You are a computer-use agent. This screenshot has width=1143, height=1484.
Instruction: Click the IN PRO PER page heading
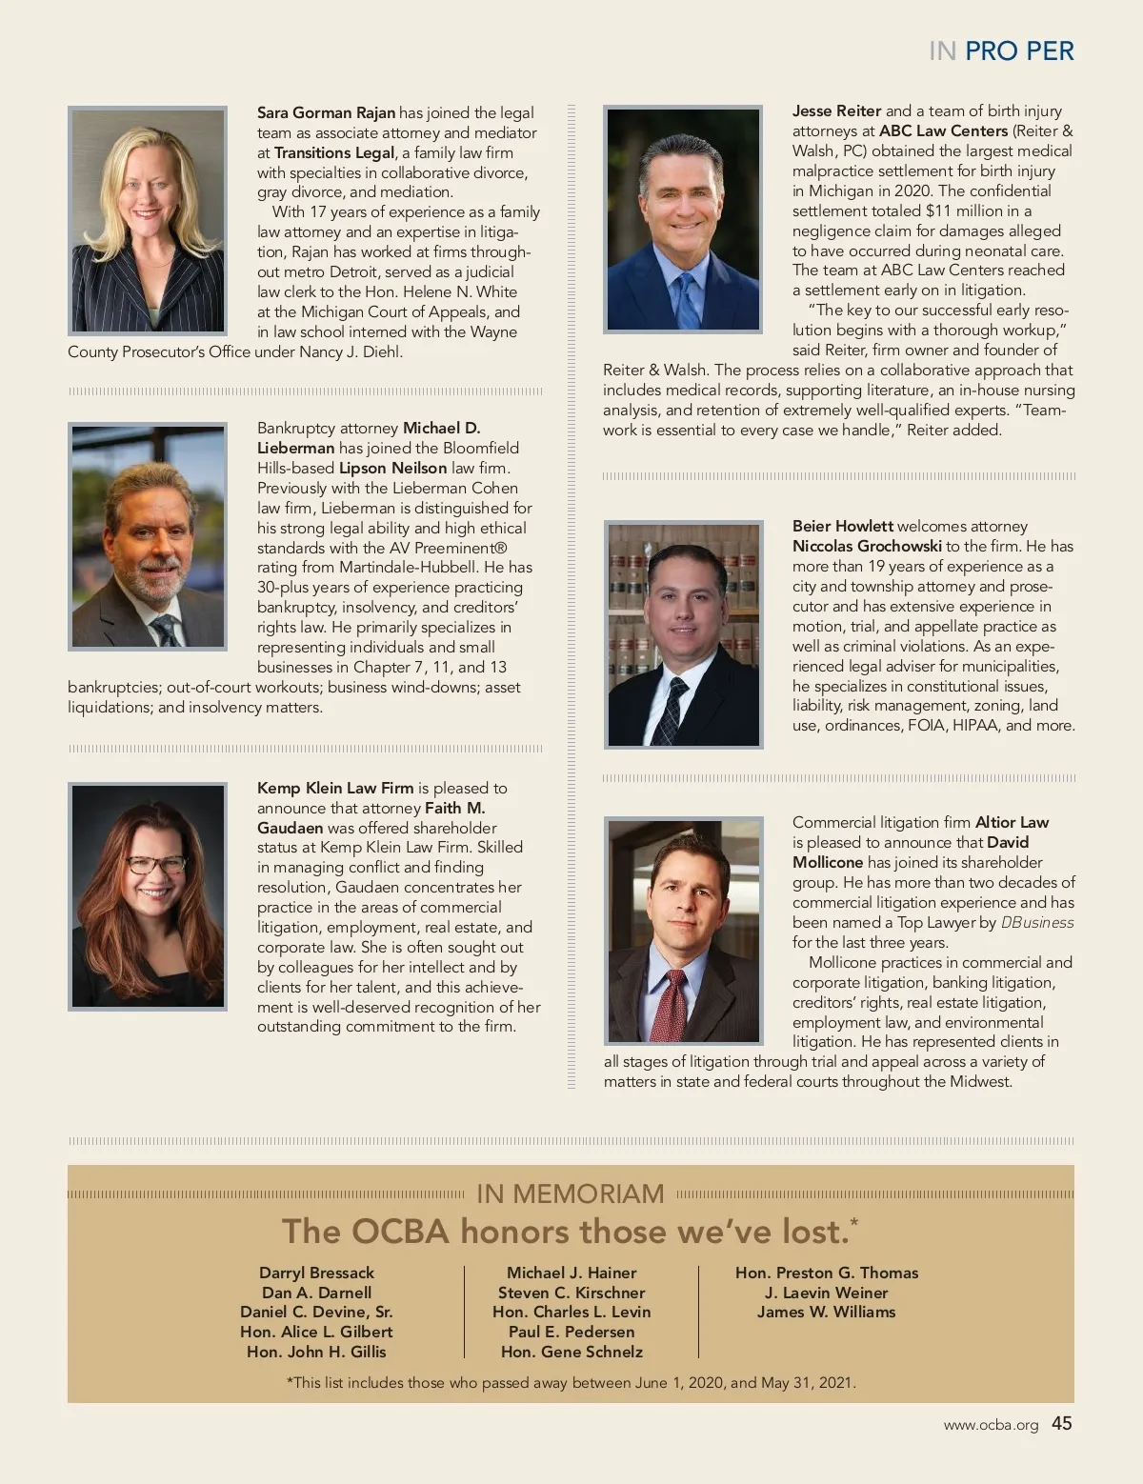(1000, 51)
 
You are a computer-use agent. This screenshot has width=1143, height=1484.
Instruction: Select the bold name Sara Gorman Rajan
(326, 112)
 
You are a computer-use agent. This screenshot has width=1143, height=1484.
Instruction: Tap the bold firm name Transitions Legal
(334, 152)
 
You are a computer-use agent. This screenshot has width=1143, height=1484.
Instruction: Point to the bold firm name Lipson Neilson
(392, 468)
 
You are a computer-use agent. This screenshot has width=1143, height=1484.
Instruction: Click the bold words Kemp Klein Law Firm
(335, 788)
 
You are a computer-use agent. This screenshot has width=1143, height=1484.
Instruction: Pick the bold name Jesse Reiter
(836, 110)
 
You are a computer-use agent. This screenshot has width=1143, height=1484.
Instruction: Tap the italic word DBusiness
(1036, 922)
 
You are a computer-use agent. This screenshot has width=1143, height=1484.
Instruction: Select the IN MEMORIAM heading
(570, 1193)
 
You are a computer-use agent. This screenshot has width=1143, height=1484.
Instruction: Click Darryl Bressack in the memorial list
(316, 1273)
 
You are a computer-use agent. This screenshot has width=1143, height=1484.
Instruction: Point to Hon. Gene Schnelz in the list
(571, 1352)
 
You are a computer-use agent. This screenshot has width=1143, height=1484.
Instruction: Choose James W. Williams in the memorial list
(826, 1312)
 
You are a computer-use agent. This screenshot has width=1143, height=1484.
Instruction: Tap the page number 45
(1061, 1423)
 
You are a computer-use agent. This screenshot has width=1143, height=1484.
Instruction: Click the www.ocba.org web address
(991, 1425)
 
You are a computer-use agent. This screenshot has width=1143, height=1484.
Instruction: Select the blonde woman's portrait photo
(148, 220)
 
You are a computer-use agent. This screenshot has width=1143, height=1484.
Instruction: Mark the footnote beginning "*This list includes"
(571, 1382)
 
